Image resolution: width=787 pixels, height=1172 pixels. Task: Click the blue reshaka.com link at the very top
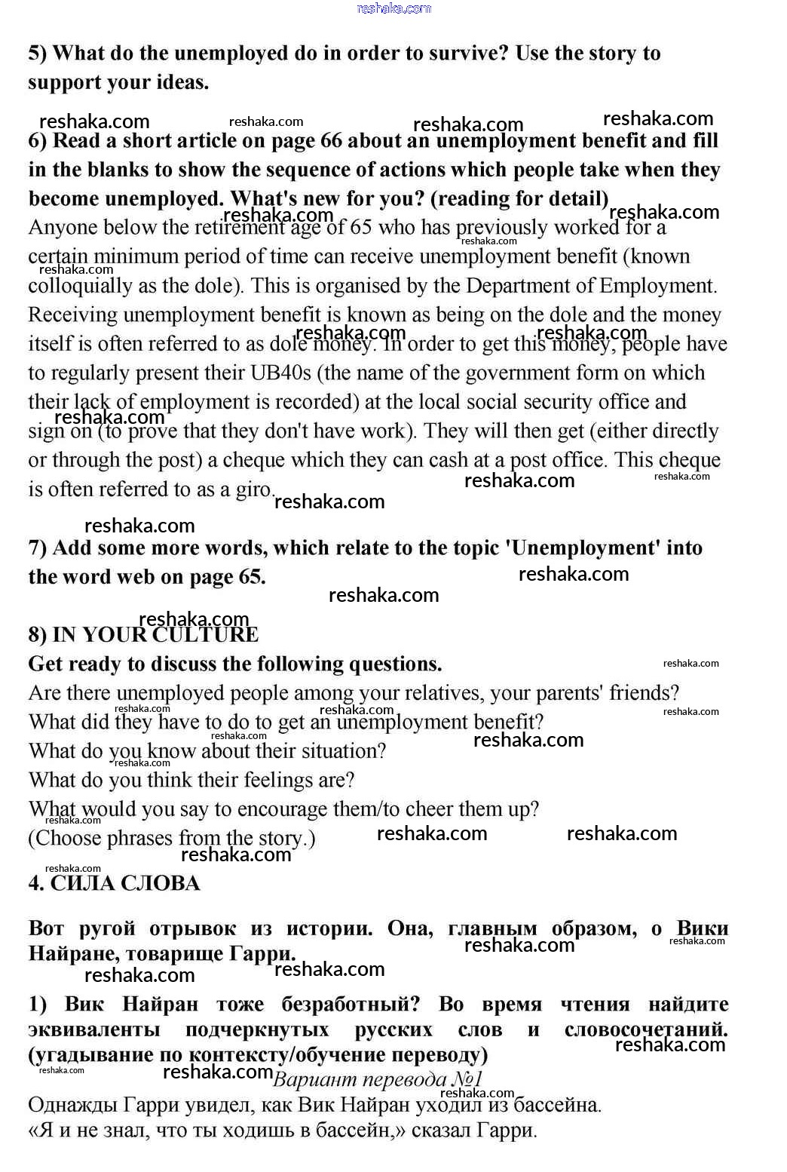(393, 8)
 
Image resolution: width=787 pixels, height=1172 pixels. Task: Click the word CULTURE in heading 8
(205, 635)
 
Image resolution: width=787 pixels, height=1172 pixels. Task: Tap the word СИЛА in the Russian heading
(81, 884)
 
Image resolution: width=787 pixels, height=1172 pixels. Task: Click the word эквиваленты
(94, 1029)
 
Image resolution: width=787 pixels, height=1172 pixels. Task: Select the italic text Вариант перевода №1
(378, 1079)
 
